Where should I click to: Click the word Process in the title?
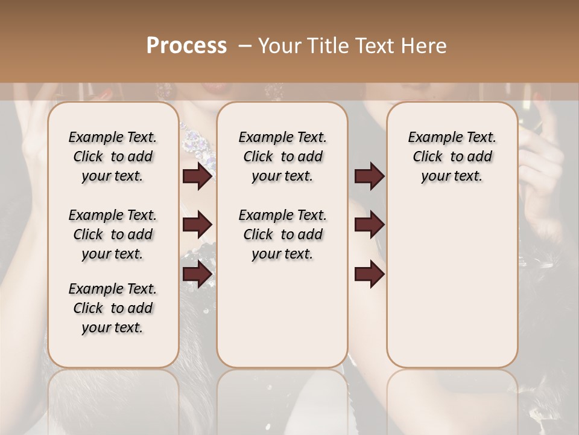186,46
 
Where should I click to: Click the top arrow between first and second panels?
197,176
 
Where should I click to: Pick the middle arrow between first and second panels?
197,225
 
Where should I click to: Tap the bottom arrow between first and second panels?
197,274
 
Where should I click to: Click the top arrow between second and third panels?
369,176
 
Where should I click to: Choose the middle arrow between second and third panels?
369,225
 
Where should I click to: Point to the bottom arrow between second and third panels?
369,274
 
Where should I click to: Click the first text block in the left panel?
113,156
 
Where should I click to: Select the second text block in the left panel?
113,234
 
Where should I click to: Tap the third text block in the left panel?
113,308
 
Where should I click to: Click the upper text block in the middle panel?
282,156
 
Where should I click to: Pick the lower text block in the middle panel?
282,234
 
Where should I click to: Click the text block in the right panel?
452,156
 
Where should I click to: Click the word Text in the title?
370,46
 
